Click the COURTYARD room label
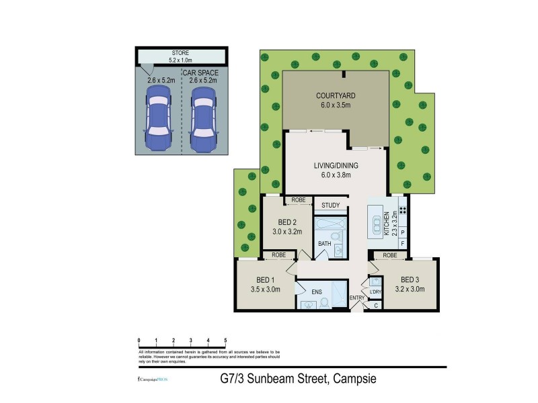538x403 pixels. tap(336, 95)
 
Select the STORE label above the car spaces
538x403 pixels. tap(180, 52)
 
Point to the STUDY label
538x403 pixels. tap(330, 206)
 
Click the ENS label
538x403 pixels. tap(317, 292)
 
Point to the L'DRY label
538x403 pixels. tap(375, 291)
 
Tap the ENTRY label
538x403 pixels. tap(356, 298)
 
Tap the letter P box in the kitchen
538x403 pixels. tap(402, 232)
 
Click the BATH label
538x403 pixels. tap(325, 244)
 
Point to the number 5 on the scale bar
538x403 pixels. tap(225, 342)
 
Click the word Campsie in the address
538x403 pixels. tap(352, 379)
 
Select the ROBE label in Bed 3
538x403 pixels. tap(389, 256)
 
